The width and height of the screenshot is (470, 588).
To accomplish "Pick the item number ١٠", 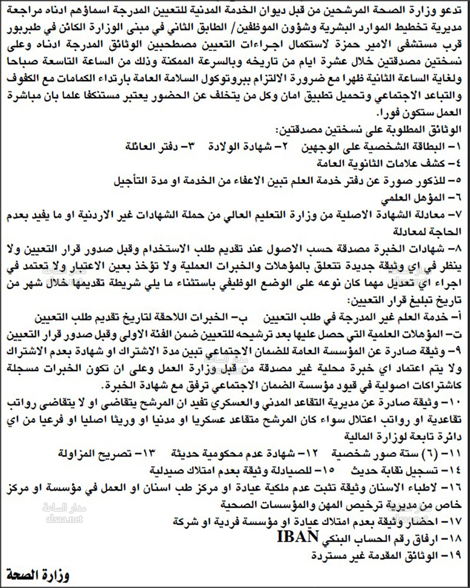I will point(455,403).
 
